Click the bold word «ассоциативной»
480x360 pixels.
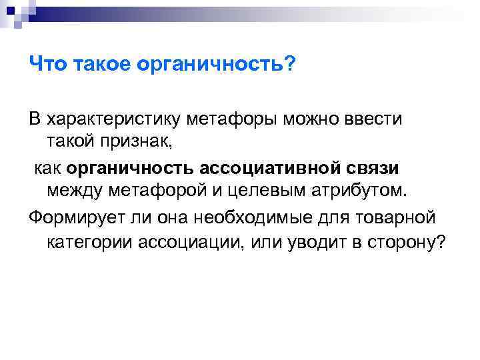tap(265, 169)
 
